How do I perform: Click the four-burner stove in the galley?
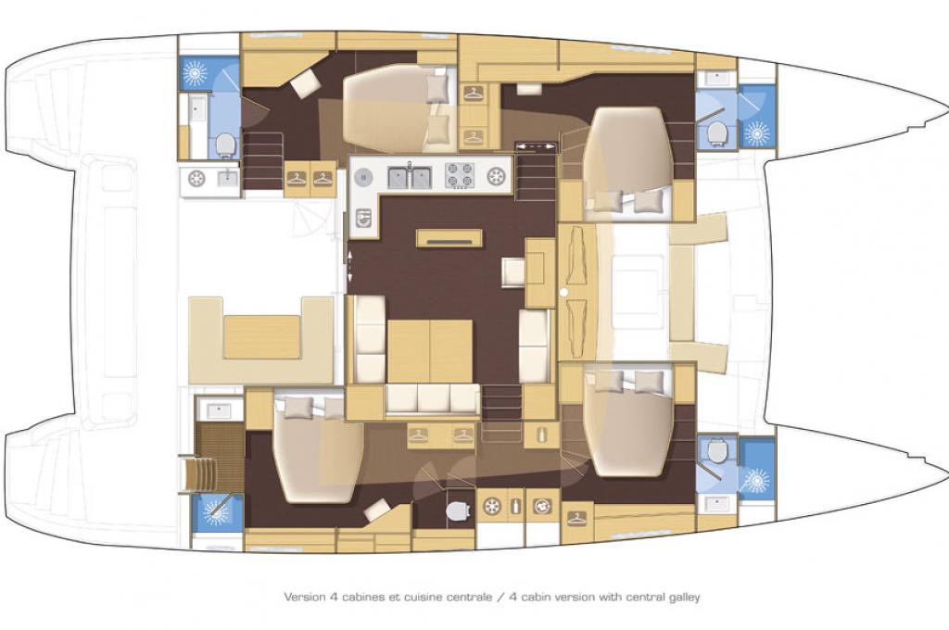click(460, 175)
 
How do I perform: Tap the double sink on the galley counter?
click(410, 177)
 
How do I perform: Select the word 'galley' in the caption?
click(685, 598)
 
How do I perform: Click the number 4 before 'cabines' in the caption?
click(333, 597)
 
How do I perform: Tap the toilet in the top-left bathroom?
click(225, 145)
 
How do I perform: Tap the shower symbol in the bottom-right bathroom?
click(756, 481)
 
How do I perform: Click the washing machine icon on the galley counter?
click(362, 218)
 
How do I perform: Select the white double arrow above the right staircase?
click(536, 145)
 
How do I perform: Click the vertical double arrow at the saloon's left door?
click(349, 266)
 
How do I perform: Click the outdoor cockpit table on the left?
click(262, 336)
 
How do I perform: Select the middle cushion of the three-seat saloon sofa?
click(434, 398)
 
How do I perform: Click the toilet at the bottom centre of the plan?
click(458, 510)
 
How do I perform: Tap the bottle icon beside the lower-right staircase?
click(541, 434)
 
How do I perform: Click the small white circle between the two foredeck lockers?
click(564, 293)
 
